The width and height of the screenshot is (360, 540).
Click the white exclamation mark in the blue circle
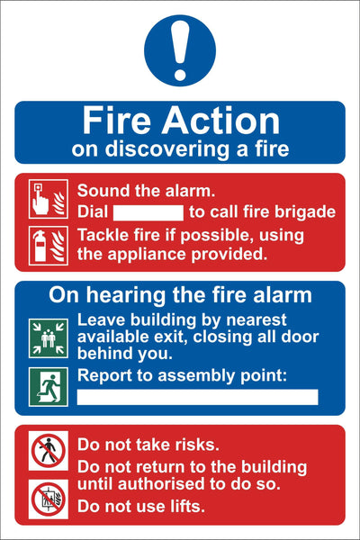(x=180, y=50)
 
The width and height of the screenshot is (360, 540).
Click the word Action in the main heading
(x=220, y=121)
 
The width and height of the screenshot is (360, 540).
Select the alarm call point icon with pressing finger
(x=49, y=199)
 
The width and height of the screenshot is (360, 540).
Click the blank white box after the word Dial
(x=148, y=212)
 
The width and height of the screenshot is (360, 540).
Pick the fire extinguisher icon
(x=49, y=246)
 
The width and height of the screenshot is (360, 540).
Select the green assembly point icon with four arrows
(x=49, y=338)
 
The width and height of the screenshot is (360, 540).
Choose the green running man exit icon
(x=49, y=387)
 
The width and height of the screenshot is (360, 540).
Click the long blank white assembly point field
(x=197, y=397)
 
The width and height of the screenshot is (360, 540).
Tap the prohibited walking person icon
(x=49, y=451)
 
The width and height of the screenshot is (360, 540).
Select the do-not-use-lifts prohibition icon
(x=49, y=499)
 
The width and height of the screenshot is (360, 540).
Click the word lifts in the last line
(x=188, y=506)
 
